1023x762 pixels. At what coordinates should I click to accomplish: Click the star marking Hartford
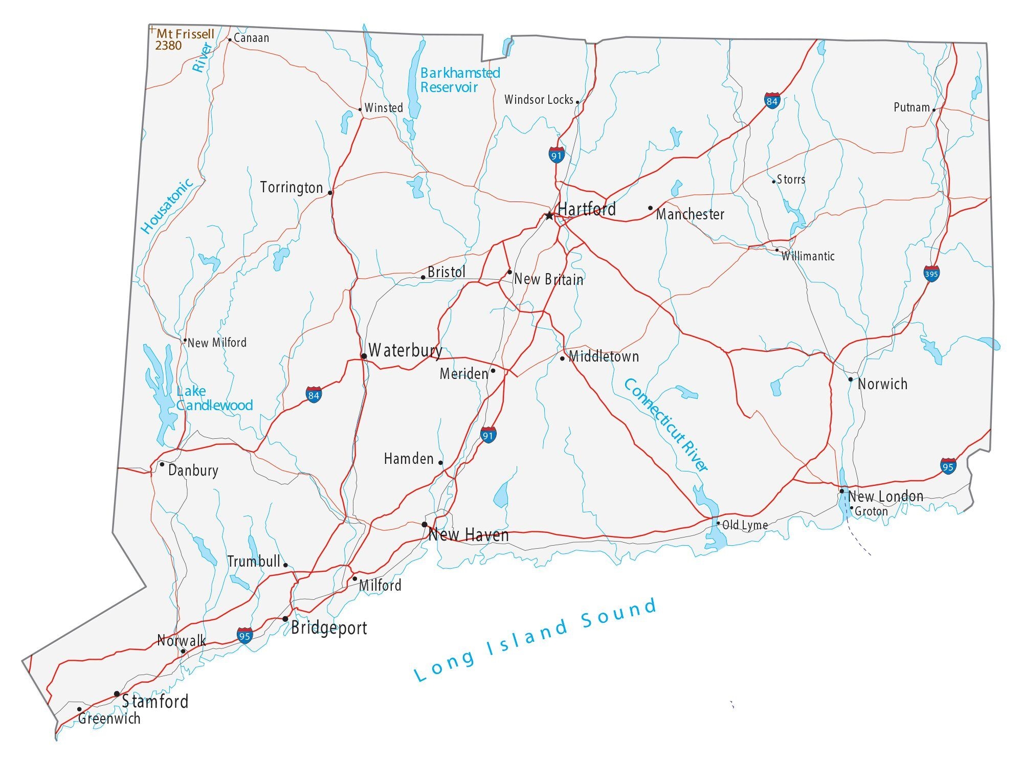pyautogui.click(x=549, y=216)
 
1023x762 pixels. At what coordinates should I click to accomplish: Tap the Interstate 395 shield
pyautogui.click(x=931, y=274)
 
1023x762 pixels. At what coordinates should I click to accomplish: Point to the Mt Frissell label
pyautogui.click(x=185, y=34)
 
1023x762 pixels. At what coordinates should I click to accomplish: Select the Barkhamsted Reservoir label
pyautogui.click(x=459, y=80)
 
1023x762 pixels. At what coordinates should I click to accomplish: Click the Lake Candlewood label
pyautogui.click(x=214, y=398)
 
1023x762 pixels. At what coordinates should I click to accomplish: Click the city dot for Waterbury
pyautogui.click(x=364, y=356)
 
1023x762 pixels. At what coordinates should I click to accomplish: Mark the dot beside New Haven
pyautogui.click(x=425, y=524)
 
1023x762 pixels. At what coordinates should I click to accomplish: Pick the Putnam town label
pyautogui.click(x=911, y=107)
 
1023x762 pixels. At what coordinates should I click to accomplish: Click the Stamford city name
pyautogui.click(x=155, y=701)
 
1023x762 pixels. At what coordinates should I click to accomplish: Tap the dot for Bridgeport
pyautogui.click(x=285, y=619)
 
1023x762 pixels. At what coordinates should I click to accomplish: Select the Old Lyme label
pyautogui.click(x=745, y=525)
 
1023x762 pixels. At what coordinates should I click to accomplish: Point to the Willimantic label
pyautogui.click(x=808, y=256)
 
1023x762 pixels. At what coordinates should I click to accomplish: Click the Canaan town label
pyautogui.click(x=251, y=38)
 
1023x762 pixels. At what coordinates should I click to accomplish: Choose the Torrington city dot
pyautogui.click(x=330, y=193)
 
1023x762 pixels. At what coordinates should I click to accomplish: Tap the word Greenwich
pyautogui.click(x=109, y=719)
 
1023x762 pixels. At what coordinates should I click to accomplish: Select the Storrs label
pyautogui.click(x=791, y=180)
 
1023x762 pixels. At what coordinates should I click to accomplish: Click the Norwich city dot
pyautogui.click(x=851, y=379)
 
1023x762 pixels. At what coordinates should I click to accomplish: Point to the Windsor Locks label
pyautogui.click(x=539, y=100)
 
